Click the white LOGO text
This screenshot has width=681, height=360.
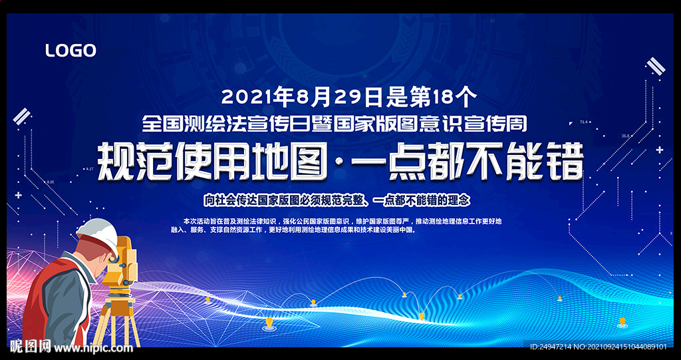tap(70, 51)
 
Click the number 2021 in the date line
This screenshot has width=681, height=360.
tap(243, 96)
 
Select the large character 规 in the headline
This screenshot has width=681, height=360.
tap(115, 162)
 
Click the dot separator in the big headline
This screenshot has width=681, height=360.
tap(338, 163)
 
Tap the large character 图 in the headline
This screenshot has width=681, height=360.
tap(308, 162)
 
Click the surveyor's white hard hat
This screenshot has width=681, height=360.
tap(98, 235)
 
